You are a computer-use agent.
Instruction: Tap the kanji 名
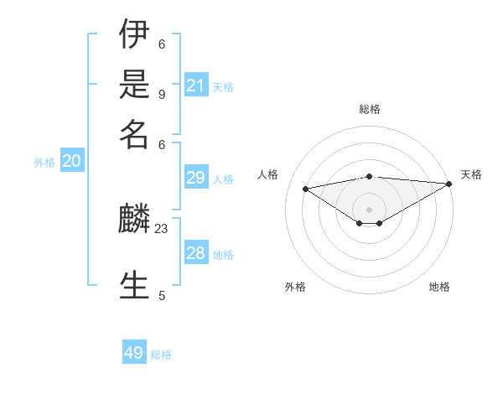coord(134,133)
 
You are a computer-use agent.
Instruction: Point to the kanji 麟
coord(134,220)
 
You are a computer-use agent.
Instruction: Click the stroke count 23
coord(162,228)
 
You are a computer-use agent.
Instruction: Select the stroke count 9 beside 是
coord(162,94)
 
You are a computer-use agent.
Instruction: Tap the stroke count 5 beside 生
coord(162,295)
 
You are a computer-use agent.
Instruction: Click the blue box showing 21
coord(195,85)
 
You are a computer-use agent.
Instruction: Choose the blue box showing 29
coord(195,177)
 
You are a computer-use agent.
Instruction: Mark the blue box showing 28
coord(195,253)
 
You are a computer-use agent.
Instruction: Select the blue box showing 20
coord(71,162)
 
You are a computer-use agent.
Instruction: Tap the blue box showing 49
coord(134,353)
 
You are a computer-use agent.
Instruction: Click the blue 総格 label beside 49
coord(161,355)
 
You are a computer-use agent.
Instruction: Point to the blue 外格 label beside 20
coord(44,163)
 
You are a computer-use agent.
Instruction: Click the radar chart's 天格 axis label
coord(471,174)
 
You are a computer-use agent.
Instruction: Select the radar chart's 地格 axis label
coord(439,287)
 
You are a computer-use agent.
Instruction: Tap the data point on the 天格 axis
coord(449,184)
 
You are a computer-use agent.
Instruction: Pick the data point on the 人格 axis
coord(305,188)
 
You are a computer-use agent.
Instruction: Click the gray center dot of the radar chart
coord(369,208)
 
